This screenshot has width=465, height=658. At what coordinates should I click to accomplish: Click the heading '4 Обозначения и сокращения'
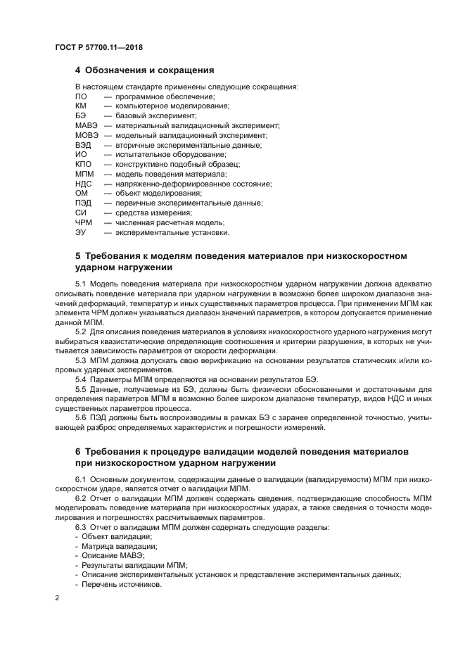click(x=144, y=70)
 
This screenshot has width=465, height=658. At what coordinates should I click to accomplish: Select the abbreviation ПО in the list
click(x=81, y=96)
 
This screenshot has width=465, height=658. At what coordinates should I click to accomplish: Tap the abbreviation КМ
click(x=81, y=106)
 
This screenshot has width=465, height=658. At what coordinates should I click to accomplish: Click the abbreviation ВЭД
click(x=83, y=145)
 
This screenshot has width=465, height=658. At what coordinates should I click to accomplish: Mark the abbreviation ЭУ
click(x=81, y=232)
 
